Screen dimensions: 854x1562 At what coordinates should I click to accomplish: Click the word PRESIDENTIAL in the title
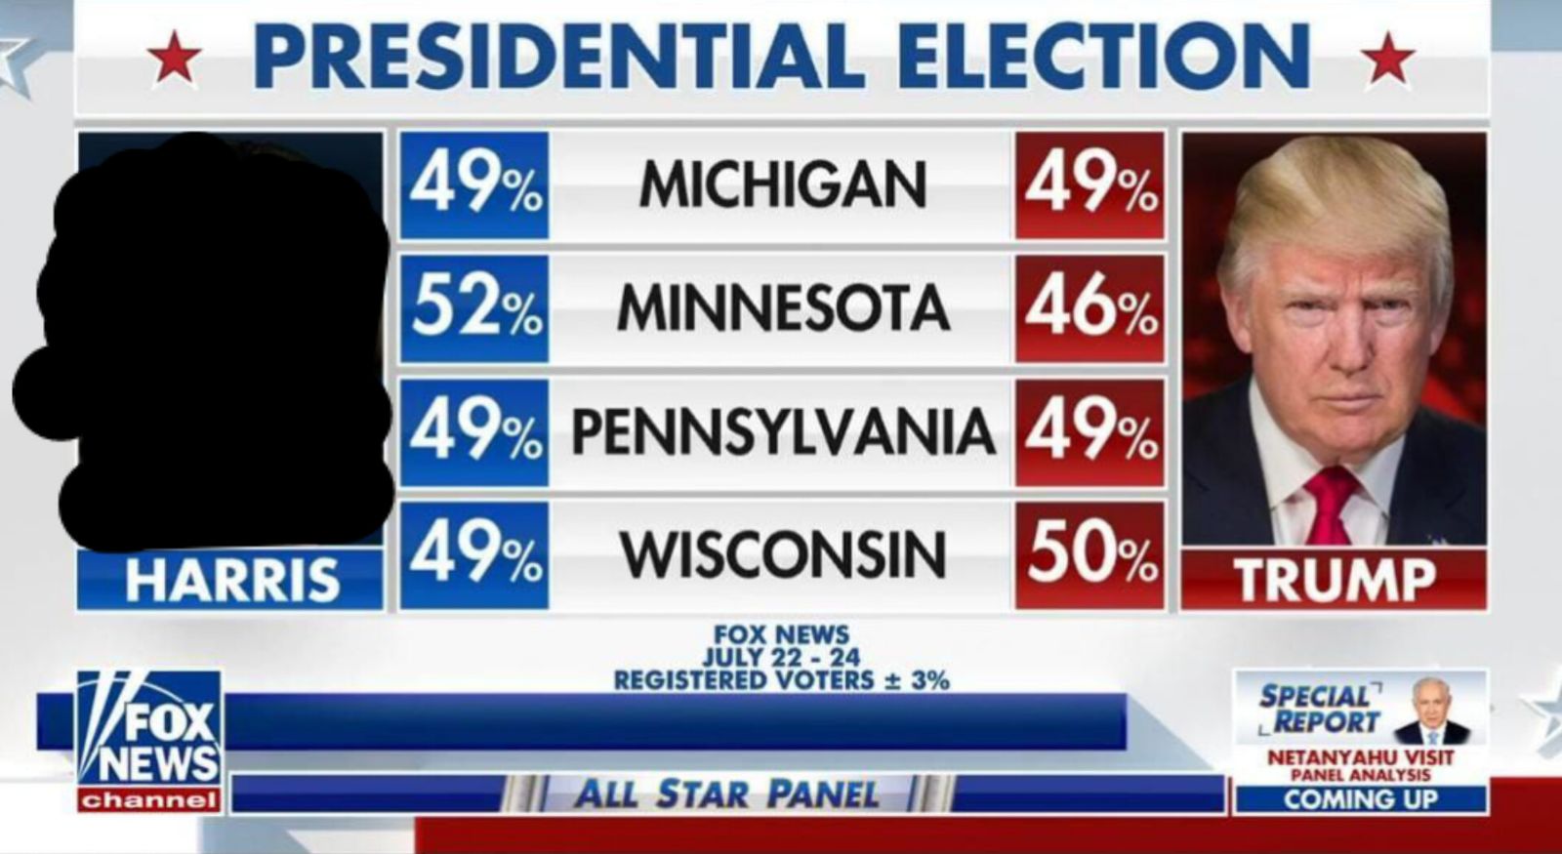coord(558,56)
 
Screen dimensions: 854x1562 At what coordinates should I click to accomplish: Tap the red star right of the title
coord(1387,58)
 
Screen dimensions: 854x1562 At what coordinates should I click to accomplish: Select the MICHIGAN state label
coord(782,184)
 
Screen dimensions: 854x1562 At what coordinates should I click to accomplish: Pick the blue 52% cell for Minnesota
coord(474,307)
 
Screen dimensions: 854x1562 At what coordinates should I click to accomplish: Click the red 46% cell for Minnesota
coord(1089,307)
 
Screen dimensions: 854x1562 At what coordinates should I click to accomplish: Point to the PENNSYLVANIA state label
coord(782,431)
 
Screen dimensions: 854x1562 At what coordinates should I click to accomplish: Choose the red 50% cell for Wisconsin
coord(1089,554)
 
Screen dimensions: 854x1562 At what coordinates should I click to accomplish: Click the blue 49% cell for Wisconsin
coord(474,554)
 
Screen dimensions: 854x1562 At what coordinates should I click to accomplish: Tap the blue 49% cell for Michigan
coord(474,184)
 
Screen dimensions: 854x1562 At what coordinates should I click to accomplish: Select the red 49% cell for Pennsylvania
coord(1089,431)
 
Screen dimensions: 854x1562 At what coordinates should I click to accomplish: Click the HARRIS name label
coord(231,580)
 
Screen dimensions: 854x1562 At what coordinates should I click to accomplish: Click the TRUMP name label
coord(1334,580)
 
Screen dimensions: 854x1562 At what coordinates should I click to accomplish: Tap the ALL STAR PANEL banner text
coord(726,793)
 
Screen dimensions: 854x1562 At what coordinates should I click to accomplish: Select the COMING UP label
coord(1360,799)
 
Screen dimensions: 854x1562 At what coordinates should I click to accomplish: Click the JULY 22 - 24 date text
coord(781,658)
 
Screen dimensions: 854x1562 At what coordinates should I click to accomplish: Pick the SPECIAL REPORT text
coord(1318,710)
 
